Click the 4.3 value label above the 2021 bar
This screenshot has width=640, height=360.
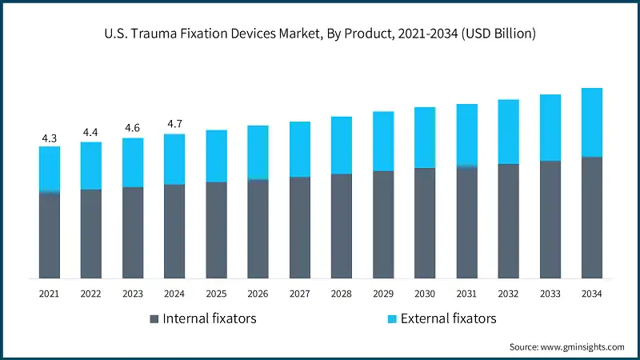pos(50,138)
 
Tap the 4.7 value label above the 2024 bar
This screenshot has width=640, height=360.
pos(174,124)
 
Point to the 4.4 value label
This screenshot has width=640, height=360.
pos(91,133)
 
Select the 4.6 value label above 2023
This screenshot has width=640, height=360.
pos(133,128)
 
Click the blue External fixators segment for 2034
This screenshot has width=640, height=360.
pos(591,122)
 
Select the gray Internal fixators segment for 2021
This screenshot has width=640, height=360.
pos(50,235)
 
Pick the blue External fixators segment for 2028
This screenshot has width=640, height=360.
pos(342,145)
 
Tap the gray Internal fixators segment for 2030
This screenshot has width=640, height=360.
pos(425,223)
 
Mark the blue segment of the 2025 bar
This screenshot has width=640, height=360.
pos(216,156)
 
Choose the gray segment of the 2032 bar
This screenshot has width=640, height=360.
pos(508,221)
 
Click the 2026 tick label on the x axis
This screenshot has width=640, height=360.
pos(258,294)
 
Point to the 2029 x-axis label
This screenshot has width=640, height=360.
pos(383,294)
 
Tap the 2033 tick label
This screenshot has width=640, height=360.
pos(550,294)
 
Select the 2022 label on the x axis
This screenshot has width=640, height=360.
pos(91,294)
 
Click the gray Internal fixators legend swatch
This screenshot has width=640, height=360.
pos(154,319)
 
